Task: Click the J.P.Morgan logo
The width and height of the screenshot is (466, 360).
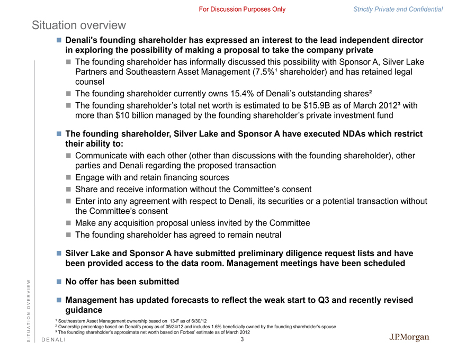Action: click(x=409, y=338)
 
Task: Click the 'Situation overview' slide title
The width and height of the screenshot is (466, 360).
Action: click(x=79, y=25)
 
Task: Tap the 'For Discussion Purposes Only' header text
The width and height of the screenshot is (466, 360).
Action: click(x=242, y=9)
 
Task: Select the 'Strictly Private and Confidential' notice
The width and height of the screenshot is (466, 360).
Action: click(x=398, y=9)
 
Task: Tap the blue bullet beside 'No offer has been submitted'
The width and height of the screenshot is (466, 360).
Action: click(x=59, y=282)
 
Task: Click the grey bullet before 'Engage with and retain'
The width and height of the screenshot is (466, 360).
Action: click(x=69, y=177)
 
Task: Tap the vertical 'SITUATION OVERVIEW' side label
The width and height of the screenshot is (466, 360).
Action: click(x=30, y=311)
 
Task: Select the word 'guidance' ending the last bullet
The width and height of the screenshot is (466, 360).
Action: click(x=84, y=310)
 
